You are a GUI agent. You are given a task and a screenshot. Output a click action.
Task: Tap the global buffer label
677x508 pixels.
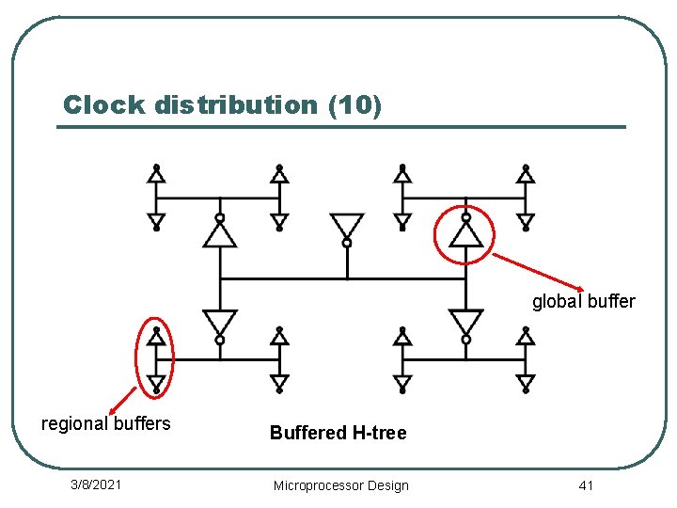[583, 302]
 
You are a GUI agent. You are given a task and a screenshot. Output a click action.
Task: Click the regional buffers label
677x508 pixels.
[106, 423]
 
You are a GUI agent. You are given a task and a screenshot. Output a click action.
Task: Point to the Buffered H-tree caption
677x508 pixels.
[338, 433]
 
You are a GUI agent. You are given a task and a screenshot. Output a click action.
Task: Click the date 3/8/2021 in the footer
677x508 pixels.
[96, 484]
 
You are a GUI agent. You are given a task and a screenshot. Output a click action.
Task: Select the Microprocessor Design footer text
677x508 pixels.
[340, 485]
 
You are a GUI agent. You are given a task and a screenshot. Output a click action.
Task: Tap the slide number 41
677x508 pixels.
[586, 484]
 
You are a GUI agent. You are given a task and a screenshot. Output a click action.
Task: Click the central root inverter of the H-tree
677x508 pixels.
[347, 227]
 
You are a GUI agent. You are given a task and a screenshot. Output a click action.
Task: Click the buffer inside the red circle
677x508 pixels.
[465, 231]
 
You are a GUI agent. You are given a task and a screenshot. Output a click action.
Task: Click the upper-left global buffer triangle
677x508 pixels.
[220, 231]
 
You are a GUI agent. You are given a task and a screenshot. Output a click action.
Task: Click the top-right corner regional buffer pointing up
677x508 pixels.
[526, 174]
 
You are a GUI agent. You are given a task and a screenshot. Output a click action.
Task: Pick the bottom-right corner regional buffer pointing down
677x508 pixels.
[526, 382]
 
